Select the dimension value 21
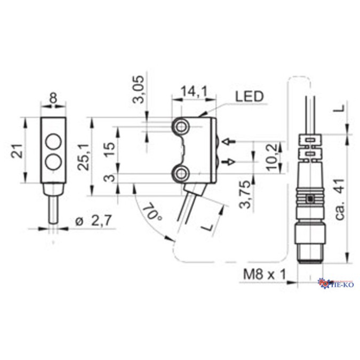(17, 153)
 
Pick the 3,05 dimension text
(138, 92)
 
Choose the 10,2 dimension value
(273, 153)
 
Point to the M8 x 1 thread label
(264, 276)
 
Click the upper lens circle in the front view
(53, 142)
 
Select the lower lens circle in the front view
(53, 161)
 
